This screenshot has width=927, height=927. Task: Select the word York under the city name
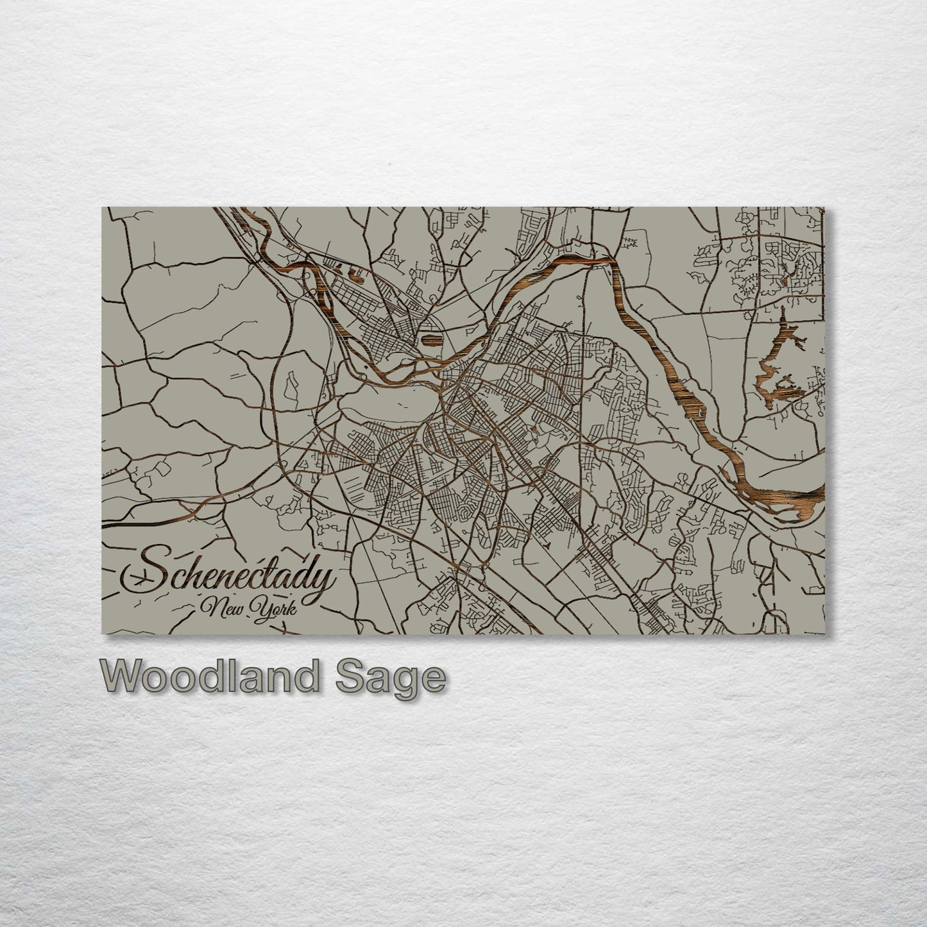(x=275, y=607)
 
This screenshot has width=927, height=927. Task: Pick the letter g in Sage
(x=405, y=681)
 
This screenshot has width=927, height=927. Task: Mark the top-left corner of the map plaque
(x=103, y=208)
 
